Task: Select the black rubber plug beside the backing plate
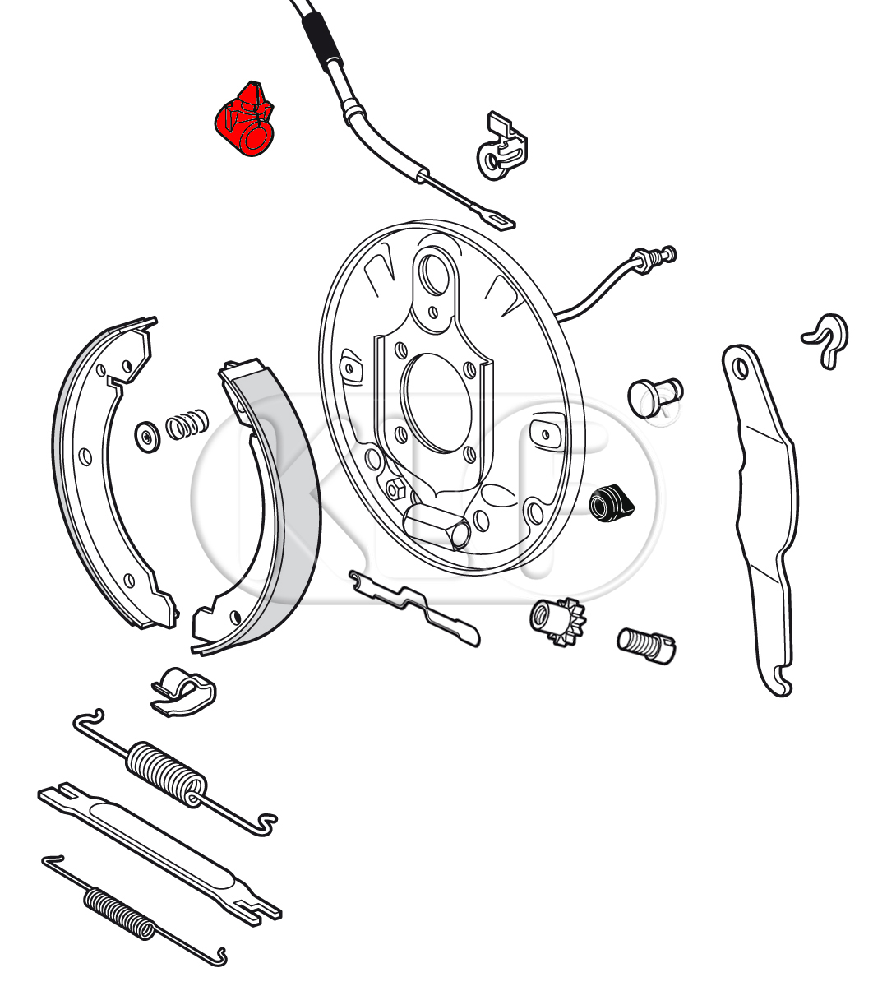point(611,504)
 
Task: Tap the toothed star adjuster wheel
point(557,620)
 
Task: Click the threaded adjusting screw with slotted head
point(645,645)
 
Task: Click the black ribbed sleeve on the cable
point(322,42)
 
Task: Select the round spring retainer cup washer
point(147,437)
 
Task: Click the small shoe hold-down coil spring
point(187,424)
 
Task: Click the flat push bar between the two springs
point(159,850)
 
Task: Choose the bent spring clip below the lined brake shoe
point(183,691)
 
